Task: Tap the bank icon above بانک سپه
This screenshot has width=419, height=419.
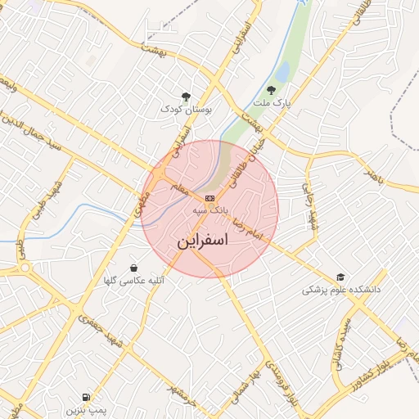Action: [x=210, y=198]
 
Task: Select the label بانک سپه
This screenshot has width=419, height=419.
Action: [x=209, y=211]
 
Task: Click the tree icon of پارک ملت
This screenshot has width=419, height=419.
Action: [x=271, y=90]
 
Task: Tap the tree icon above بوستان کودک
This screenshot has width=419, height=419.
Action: [x=187, y=96]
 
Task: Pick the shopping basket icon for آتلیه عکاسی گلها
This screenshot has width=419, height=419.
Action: [x=133, y=268]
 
